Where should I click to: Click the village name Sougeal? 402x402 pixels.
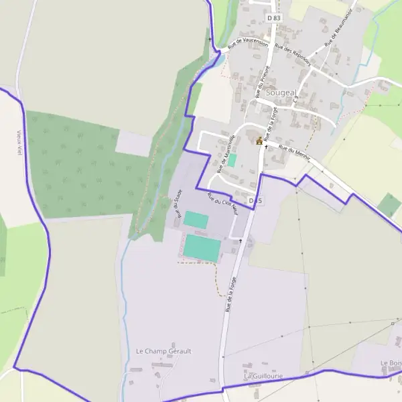click(279, 92)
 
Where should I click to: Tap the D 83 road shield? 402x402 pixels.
click(273, 18)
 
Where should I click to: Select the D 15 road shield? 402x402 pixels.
click(255, 200)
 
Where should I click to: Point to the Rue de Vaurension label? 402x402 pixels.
click(248, 43)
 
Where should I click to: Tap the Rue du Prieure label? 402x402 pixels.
click(264, 80)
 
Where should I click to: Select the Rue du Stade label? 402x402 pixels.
click(179, 204)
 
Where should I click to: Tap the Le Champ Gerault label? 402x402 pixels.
click(163, 351)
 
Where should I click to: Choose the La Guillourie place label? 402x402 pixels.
click(263, 377)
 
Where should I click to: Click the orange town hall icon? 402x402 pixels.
click(259, 141)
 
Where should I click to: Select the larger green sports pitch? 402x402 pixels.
click(202, 248)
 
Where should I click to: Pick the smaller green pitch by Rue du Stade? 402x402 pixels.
click(196, 219)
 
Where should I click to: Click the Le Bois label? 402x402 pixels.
click(390, 363)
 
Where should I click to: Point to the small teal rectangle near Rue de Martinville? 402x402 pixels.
click(232, 160)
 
